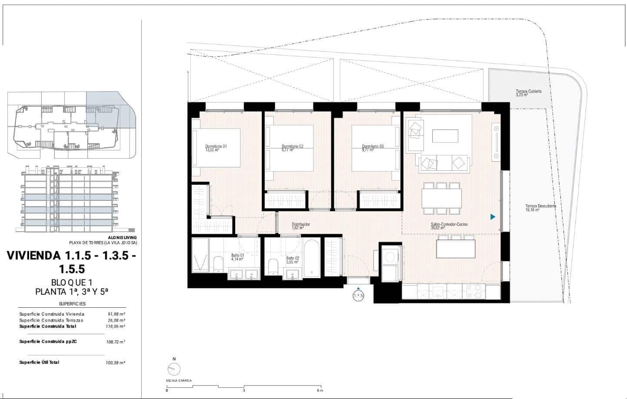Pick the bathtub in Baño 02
click(x=312, y=259)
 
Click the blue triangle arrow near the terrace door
click(x=493, y=216)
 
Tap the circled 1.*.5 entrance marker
click(x=358, y=296)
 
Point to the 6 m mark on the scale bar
click(x=320, y=390)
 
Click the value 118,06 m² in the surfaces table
click(x=116, y=326)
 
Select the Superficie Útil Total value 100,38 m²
click(x=116, y=362)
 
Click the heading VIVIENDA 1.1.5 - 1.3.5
click(x=71, y=256)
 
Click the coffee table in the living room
click(x=445, y=136)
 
